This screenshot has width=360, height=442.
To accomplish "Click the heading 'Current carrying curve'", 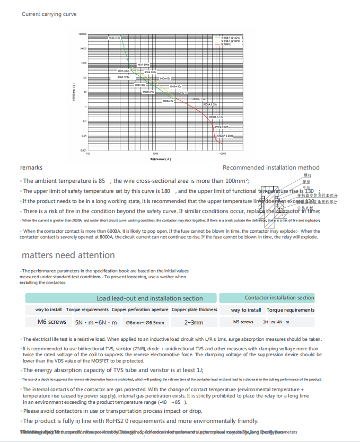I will coord(49,14).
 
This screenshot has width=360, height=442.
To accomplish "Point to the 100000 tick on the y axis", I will coord(82,34).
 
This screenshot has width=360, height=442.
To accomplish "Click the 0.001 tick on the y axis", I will coord(83,151).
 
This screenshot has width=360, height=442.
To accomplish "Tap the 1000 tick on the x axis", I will coord(155,154).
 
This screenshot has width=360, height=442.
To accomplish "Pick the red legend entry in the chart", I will coord(227,44).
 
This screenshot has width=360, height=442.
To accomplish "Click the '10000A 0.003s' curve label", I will coord(225,136).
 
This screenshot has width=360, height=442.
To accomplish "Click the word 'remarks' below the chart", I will coord(31,167).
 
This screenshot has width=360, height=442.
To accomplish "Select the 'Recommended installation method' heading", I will coord(271,167).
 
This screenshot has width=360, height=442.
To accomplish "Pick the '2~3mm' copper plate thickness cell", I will coord(194,322).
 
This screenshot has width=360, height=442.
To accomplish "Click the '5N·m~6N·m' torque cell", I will coord(95,322).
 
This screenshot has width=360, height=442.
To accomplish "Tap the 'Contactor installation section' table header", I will coord(279,298).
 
